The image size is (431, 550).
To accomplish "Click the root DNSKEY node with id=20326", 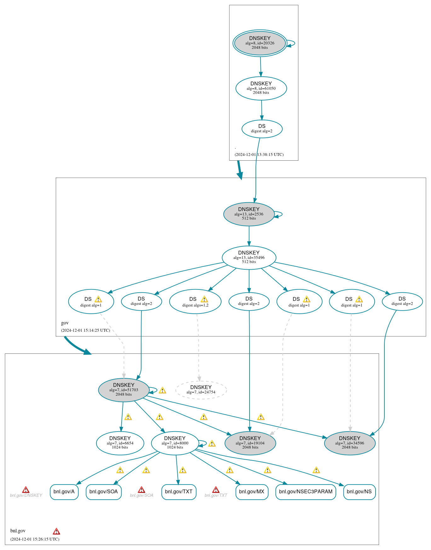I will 260,43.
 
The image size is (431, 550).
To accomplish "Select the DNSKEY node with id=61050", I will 261,89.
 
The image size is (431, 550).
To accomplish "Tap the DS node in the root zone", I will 262,129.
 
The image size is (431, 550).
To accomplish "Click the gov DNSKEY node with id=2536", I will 249,214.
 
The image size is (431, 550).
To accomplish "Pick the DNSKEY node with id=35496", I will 249,258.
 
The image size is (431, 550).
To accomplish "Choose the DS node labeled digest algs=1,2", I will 195,301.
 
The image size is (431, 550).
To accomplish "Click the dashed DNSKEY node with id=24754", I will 201,390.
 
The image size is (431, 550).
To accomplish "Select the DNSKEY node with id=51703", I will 124,390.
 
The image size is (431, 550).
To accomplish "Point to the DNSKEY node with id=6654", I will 120,443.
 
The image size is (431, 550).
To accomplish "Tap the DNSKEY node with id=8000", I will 175,443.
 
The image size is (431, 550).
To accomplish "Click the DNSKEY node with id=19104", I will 250,443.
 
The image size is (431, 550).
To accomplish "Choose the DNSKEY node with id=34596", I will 350,443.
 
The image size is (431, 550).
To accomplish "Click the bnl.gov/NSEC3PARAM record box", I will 306,492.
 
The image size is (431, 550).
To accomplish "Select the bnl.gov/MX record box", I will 252,492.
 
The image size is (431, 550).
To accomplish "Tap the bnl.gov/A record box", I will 64,492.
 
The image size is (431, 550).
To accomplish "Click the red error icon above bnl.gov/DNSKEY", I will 26,490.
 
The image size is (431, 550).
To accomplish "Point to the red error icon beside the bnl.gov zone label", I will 56,531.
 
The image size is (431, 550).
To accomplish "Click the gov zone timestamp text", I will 85,330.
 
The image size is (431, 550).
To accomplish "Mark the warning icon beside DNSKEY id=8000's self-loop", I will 212,444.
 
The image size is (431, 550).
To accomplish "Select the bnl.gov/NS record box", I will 359,492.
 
